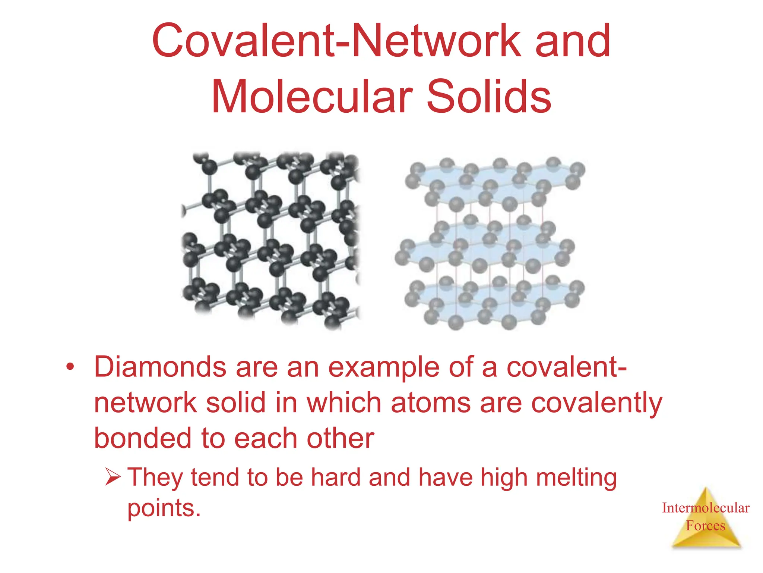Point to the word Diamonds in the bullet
tap(160, 367)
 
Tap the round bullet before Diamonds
tap(70, 367)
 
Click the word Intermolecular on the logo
tap(706, 508)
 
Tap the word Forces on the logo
tap(706, 526)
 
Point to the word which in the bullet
tap(343, 403)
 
